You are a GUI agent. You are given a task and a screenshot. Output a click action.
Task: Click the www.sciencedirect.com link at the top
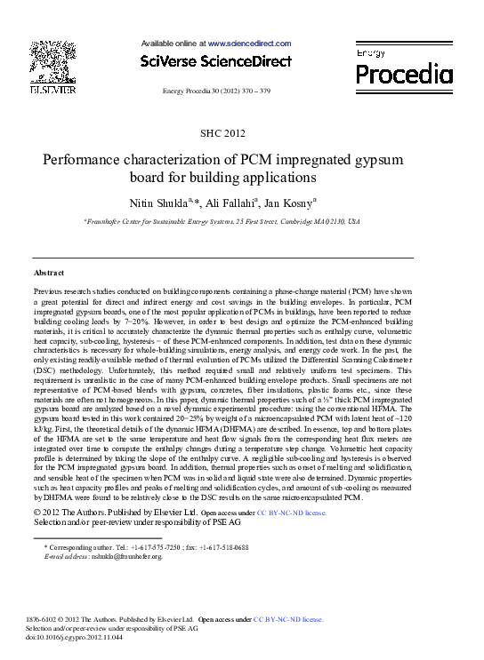coord(249,44)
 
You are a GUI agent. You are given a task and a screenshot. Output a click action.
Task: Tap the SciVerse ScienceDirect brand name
coord(216,62)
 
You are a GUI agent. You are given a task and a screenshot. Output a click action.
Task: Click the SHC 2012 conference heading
coord(222,133)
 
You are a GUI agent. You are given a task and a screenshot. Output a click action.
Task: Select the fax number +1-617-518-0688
coord(224,548)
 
